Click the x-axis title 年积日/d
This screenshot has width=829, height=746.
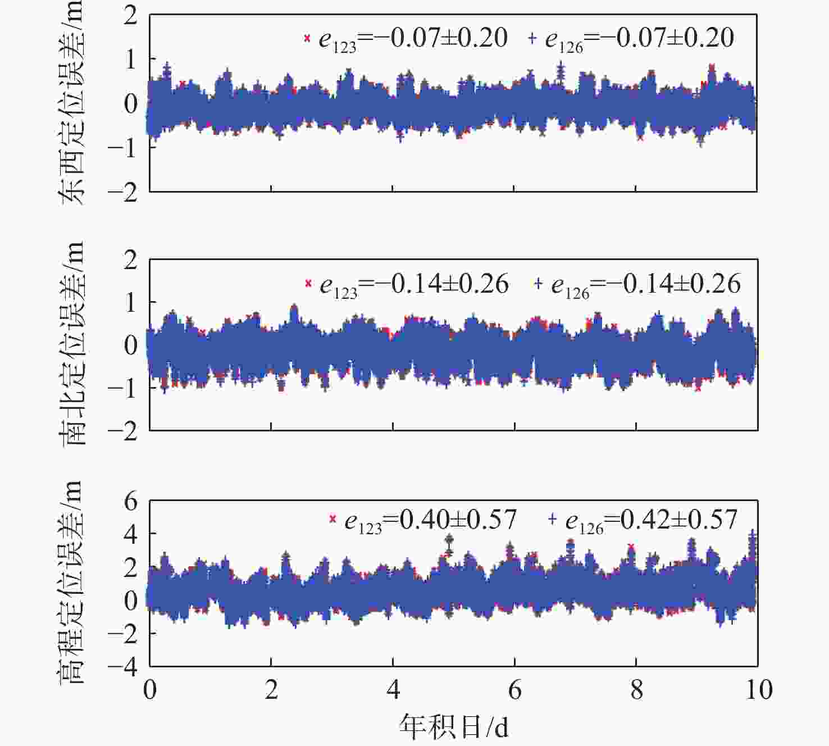pos(454,727)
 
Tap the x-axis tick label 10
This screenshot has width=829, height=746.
pos(758,689)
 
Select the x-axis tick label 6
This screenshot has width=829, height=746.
pos(514,689)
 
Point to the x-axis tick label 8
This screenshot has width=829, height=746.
pos(636,689)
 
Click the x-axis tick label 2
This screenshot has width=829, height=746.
pos(271,689)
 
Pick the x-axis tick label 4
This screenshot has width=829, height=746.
pos(393,689)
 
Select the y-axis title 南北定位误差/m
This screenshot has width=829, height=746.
pos(71,344)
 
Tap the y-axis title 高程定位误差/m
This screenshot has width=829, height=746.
pos(71,582)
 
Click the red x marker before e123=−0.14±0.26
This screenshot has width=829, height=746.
pos(308,284)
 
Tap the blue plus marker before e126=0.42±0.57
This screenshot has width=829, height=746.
pos(552,520)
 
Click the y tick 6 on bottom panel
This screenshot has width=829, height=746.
pos(131,501)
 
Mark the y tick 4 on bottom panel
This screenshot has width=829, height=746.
pos(131,534)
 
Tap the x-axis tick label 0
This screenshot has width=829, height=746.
pos(149,689)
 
